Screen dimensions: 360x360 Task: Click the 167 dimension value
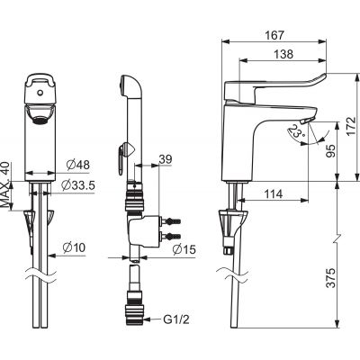pyautogui.click(x=274, y=35)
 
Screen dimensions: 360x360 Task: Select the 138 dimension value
pyautogui.click(x=283, y=54)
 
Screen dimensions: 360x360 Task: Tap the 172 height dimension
pyautogui.click(x=351, y=126)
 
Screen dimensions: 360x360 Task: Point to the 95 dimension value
pyautogui.click(x=331, y=151)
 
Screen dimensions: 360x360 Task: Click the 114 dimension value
pyautogui.click(x=274, y=194)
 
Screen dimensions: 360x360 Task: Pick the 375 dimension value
pyautogui.click(x=331, y=278)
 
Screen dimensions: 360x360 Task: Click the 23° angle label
pyautogui.click(x=296, y=131)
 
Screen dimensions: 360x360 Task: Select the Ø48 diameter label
pyautogui.click(x=78, y=165)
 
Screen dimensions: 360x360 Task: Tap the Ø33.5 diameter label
pyautogui.click(x=78, y=185)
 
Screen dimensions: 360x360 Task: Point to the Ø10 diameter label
pyautogui.click(x=74, y=247)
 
